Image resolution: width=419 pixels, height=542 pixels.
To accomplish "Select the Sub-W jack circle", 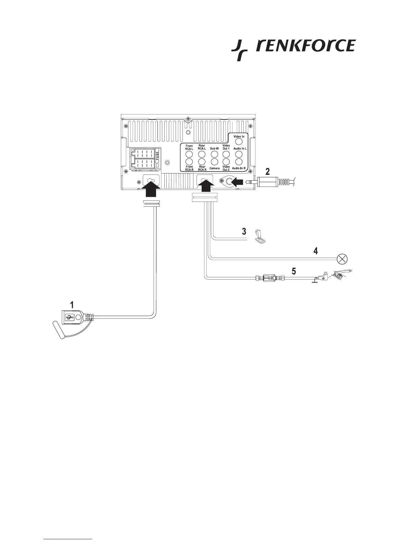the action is (214, 154).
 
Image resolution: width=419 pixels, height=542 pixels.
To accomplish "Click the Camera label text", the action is (214, 168).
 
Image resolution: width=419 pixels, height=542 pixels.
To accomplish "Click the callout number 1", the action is (72, 304).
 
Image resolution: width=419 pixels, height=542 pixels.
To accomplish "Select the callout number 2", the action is (268, 171).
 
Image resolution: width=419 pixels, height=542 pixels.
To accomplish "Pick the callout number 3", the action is (244, 231).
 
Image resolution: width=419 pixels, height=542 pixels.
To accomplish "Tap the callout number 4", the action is (315, 251).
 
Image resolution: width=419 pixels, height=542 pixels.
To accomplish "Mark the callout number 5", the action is (293, 271).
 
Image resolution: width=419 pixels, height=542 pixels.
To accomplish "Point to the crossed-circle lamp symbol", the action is (341, 258).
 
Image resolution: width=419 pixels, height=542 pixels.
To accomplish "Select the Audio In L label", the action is (240, 149).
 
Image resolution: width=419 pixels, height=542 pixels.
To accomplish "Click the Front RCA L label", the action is (189, 147).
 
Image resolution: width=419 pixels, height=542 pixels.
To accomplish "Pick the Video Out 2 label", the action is (226, 168).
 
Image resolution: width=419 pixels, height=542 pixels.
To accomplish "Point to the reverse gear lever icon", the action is (260, 236).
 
